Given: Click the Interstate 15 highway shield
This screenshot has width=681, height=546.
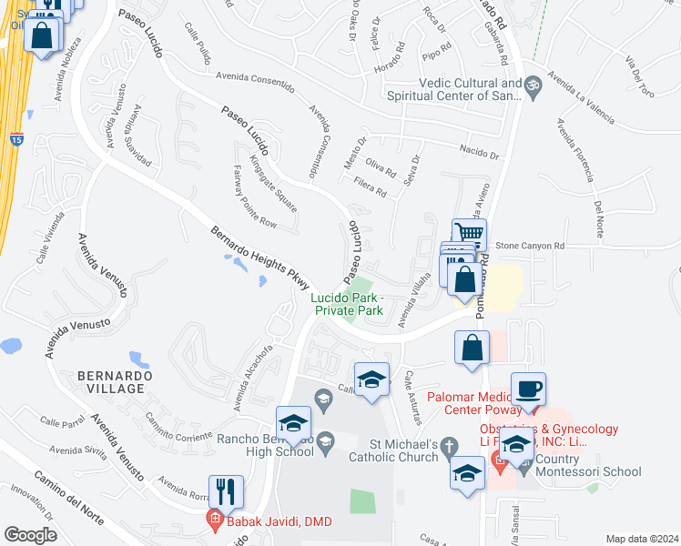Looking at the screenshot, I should tap(16, 139).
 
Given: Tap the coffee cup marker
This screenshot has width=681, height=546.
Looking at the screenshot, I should tap(528, 389).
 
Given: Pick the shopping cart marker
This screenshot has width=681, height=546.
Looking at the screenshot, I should tap(469, 235).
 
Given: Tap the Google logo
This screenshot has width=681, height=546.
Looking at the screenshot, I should tap(29, 535).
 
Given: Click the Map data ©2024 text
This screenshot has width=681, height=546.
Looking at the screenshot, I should tap(641, 539).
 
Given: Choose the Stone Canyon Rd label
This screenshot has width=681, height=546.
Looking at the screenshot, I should tap(531, 246).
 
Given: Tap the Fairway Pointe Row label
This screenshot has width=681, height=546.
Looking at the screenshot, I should tap(253, 197).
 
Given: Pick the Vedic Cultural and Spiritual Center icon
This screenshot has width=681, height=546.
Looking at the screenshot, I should tap(534, 86).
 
